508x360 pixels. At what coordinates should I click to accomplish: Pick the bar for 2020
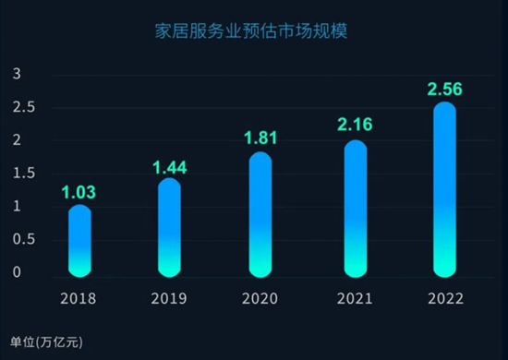pyautogui.click(x=260, y=214)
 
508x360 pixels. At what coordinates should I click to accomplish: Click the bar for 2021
pyautogui.click(x=356, y=208)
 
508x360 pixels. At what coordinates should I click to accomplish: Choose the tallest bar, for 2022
pyautogui.click(x=444, y=189)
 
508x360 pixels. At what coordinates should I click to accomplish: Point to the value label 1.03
pyautogui.click(x=79, y=192)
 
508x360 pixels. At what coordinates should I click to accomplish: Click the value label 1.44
pyautogui.click(x=169, y=167)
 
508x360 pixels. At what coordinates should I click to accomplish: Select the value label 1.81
pyautogui.click(x=260, y=139)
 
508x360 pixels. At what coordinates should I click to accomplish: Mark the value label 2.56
pyautogui.click(x=444, y=90)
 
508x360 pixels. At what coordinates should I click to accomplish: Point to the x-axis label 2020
pyautogui.click(x=260, y=298)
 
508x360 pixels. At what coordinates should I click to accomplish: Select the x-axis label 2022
pyautogui.click(x=445, y=298)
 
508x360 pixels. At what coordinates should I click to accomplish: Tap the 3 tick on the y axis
pyautogui.click(x=16, y=74)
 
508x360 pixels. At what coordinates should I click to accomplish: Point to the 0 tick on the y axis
pyautogui.click(x=16, y=272)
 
